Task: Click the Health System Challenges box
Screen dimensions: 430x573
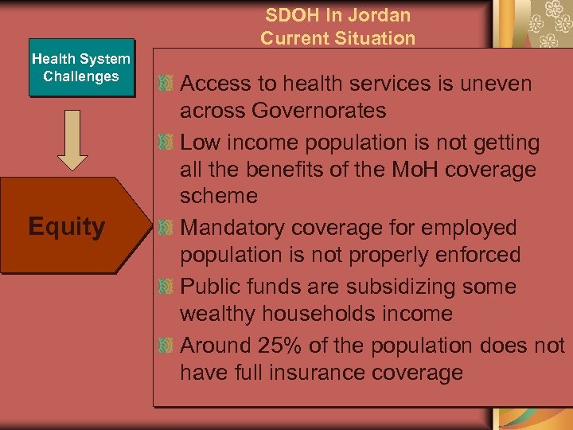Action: coord(80,68)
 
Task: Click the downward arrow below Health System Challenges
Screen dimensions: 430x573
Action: coord(73,142)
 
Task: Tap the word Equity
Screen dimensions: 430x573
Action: coord(67,227)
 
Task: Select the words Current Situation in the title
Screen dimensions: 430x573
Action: coord(337,37)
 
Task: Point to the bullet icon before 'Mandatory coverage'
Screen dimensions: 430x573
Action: coord(165,229)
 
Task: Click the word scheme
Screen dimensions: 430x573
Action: coord(219,197)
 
